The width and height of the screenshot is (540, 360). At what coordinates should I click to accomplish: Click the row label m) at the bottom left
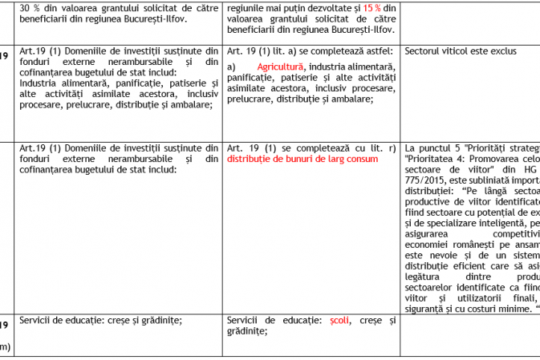4,346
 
